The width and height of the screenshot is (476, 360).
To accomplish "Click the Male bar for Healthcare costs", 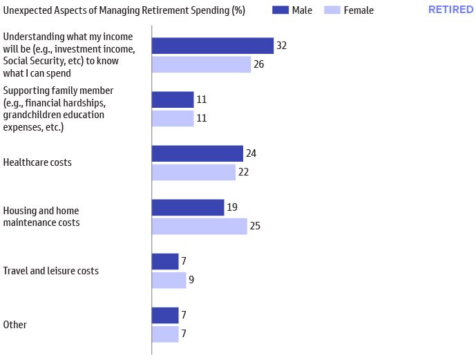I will point(197,153).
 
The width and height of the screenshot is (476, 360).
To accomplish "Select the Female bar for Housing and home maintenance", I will point(199,226).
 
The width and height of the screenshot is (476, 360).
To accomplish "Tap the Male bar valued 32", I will point(212,46).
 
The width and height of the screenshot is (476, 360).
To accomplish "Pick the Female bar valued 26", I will point(201,64).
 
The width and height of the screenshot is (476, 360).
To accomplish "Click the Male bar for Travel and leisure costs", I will point(165,261).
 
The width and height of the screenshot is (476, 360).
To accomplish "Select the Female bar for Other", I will point(165,334).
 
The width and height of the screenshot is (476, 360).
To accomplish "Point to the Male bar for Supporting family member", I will point(173,100).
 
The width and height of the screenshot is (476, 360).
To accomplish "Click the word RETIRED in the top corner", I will point(450,10).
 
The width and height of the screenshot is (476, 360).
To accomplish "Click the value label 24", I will point(251,153).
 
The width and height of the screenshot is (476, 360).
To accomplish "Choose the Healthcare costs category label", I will point(37,163).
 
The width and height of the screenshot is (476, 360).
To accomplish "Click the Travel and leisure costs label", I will point(51,271).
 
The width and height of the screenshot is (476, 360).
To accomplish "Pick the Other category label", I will point(15,325).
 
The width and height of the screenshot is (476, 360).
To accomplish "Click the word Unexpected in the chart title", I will point(27,10).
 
